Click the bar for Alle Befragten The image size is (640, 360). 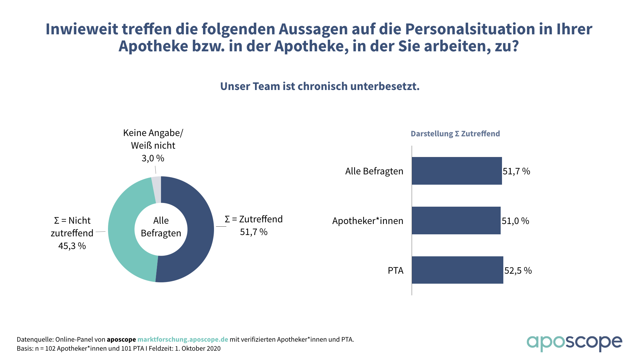[457, 171]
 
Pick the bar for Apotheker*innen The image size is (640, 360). [456, 220]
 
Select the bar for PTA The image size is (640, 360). [457, 270]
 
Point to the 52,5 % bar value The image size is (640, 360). [518, 270]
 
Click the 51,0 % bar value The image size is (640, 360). [515, 221]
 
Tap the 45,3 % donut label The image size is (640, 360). [72, 246]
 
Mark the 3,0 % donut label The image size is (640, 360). [153, 158]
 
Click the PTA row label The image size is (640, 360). [395, 270]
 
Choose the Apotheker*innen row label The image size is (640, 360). [368, 221]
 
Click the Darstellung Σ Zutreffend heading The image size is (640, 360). [455, 134]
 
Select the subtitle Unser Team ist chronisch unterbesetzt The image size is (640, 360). [320, 86]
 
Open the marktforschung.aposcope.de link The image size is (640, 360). [183, 339]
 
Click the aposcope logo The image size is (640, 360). [574, 343]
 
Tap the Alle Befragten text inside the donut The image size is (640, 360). [161, 227]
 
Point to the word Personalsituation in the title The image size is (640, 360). [468, 29]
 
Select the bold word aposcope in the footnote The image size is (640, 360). [121, 339]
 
